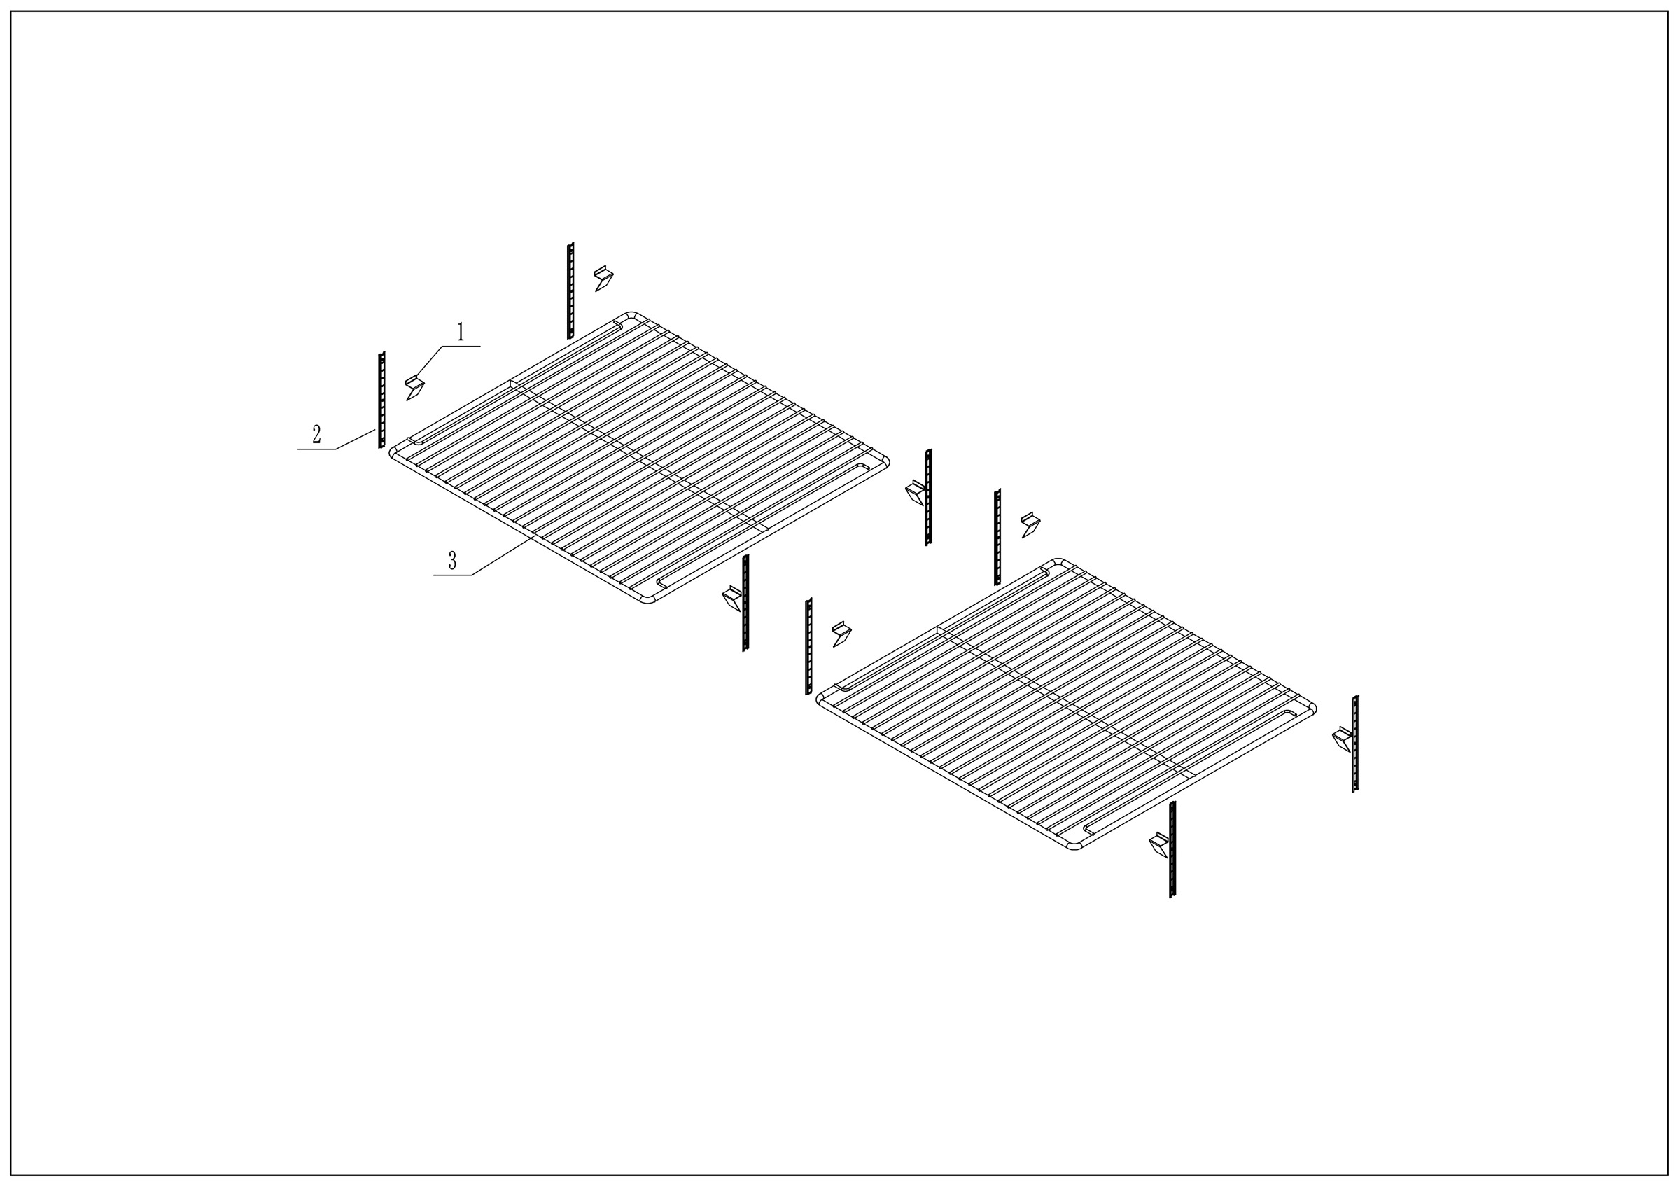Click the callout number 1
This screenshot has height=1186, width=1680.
pos(460,333)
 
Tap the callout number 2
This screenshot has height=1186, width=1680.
pos(316,435)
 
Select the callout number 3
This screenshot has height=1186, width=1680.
pos(452,561)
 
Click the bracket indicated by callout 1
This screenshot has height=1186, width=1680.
pos(415,387)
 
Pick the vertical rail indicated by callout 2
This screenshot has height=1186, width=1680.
pos(381,400)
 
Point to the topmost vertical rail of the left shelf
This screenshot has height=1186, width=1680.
pos(570,291)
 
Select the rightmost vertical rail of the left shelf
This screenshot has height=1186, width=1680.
pos(928,498)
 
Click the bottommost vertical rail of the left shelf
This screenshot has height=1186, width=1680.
pos(745,604)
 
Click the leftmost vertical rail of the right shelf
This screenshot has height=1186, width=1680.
pos(808,647)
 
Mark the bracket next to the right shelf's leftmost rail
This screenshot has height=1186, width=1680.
pos(841,634)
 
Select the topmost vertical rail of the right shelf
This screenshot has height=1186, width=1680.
pos(997,538)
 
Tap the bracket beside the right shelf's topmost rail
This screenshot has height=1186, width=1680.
pos(1030,524)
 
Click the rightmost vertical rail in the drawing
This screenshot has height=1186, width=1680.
pos(1356,744)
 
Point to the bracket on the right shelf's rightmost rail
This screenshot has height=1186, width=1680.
pos(1341,738)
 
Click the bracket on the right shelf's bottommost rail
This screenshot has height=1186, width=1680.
pos(1159,844)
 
